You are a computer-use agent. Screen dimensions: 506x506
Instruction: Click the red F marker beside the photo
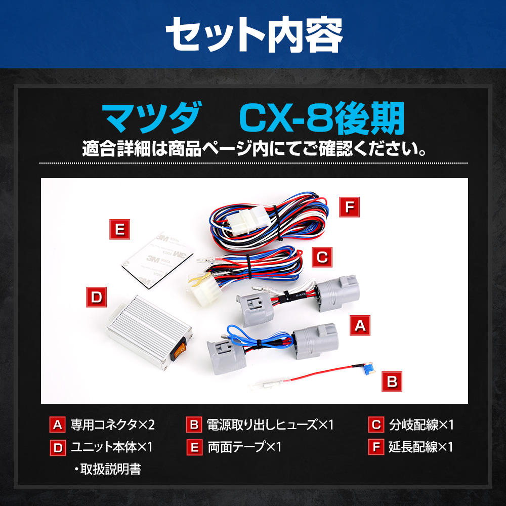(349, 207)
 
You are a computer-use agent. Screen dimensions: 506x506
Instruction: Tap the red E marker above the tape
(119, 229)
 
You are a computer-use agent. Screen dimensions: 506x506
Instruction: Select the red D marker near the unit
(96, 297)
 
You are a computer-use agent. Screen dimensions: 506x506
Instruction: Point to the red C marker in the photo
(322, 257)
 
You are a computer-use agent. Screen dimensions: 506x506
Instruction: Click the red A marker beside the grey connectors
(360, 325)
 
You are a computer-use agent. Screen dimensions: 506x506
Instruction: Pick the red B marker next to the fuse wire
(392, 382)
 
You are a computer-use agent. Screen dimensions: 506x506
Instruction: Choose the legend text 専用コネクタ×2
(113, 425)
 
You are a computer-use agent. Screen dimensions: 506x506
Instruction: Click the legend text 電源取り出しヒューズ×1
(270, 425)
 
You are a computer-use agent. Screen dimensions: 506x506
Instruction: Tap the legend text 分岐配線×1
(421, 425)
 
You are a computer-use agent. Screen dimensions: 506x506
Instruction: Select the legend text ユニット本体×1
(112, 447)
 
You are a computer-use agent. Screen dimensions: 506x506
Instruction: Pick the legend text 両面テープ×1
(244, 447)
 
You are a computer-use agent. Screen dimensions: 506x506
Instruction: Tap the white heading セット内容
(254, 34)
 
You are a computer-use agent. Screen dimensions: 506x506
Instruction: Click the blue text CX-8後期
(322, 118)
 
